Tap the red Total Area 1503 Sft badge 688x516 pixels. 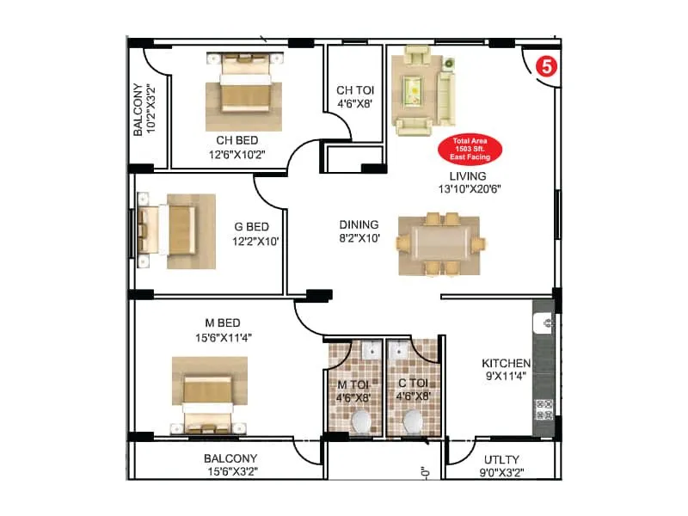[x=466, y=150]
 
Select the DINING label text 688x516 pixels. [x=359, y=225]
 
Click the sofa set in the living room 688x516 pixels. [x=422, y=90]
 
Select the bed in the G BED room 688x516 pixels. [x=175, y=228]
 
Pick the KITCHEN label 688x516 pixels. [x=506, y=363]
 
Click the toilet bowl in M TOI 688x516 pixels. [x=361, y=421]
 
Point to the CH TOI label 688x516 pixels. [x=354, y=90]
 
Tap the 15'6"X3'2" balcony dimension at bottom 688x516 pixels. [x=230, y=471]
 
